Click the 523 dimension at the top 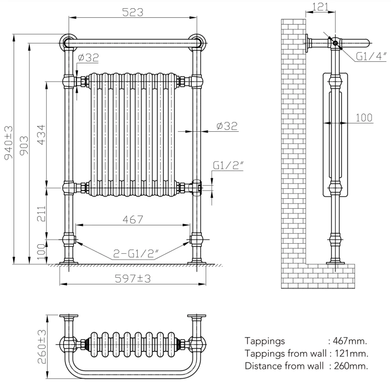133,13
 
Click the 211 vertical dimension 41,213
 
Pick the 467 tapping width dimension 132,220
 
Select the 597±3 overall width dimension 133,279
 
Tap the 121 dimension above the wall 320,7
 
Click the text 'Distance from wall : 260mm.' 306,365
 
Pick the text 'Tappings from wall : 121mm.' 306,353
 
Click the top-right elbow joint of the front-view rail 197,42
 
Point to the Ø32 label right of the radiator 227,126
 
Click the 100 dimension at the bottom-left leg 41,252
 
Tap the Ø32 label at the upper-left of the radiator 87,58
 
